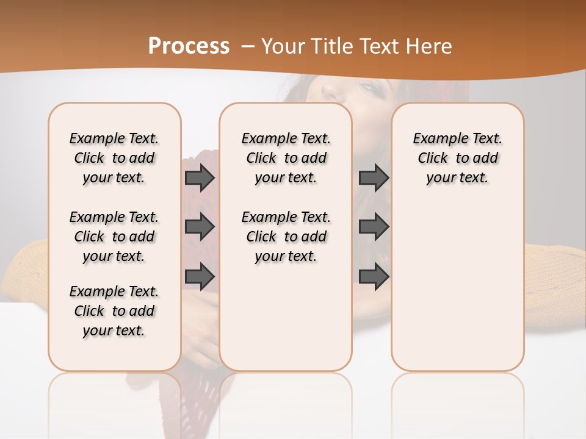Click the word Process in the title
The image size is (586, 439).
click(189, 46)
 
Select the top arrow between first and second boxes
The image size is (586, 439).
click(200, 177)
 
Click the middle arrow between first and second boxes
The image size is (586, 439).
click(200, 227)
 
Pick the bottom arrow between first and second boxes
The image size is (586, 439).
click(200, 277)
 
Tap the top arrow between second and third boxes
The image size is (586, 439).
click(374, 177)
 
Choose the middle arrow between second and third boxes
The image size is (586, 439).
click(374, 227)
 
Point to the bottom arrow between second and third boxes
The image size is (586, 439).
click(374, 277)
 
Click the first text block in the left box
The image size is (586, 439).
click(114, 158)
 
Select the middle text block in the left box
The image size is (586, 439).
click(114, 237)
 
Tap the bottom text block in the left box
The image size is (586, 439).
click(114, 311)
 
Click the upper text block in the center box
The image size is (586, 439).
click(286, 158)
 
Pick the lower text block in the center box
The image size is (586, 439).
click(286, 237)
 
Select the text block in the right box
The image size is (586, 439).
click(457, 158)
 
